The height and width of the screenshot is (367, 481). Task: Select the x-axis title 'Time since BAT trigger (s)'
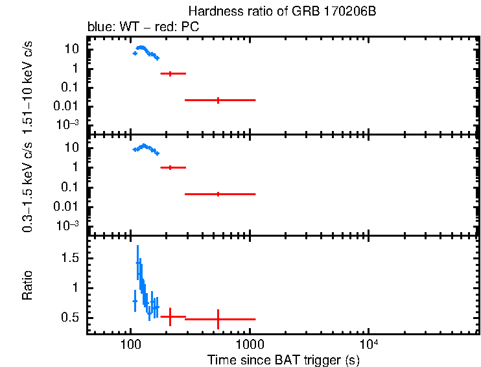pos(284,359)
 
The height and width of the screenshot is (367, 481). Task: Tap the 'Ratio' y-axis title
pos(27,285)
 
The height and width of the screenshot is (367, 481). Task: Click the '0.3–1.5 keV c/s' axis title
pos(27,187)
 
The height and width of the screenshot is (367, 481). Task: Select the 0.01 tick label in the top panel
pos(67,106)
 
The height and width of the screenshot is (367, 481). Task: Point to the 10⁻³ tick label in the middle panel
pos(69,225)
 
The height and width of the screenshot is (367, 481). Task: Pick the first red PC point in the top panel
pos(170,74)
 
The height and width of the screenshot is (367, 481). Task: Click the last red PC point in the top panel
pos(218,100)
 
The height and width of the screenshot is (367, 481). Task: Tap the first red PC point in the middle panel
pos(170,167)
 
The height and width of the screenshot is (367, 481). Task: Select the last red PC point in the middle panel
pos(218,194)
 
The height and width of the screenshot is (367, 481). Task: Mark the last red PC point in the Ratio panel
pos(218,319)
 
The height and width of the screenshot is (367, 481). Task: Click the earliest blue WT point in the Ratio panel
pos(135,301)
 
